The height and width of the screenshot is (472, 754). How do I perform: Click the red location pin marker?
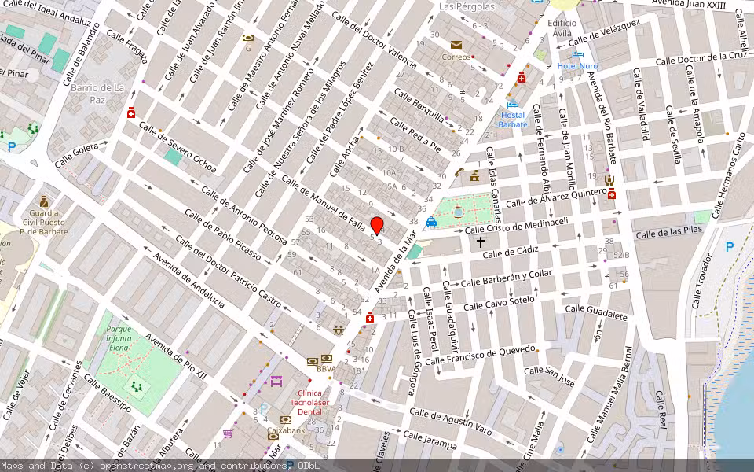click(x=377, y=226)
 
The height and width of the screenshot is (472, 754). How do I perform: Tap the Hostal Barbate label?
click(x=514, y=120)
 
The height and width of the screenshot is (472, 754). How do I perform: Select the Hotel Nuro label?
click(x=577, y=65)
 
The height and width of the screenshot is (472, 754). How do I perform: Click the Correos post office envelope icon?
click(x=456, y=45)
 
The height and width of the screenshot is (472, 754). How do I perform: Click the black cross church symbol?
click(x=481, y=244)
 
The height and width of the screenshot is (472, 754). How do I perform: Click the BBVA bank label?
click(x=327, y=368)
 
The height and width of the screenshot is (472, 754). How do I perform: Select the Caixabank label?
click(x=286, y=430)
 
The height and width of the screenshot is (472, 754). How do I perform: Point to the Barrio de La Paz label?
click(x=98, y=94)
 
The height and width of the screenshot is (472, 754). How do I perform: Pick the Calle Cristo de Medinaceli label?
click(x=516, y=225)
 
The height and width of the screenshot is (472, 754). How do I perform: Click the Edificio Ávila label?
click(x=562, y=29)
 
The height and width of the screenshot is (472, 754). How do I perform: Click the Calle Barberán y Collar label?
click(x=507, y=278)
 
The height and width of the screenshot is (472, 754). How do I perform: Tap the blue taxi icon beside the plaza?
click(x=431, y=223)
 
